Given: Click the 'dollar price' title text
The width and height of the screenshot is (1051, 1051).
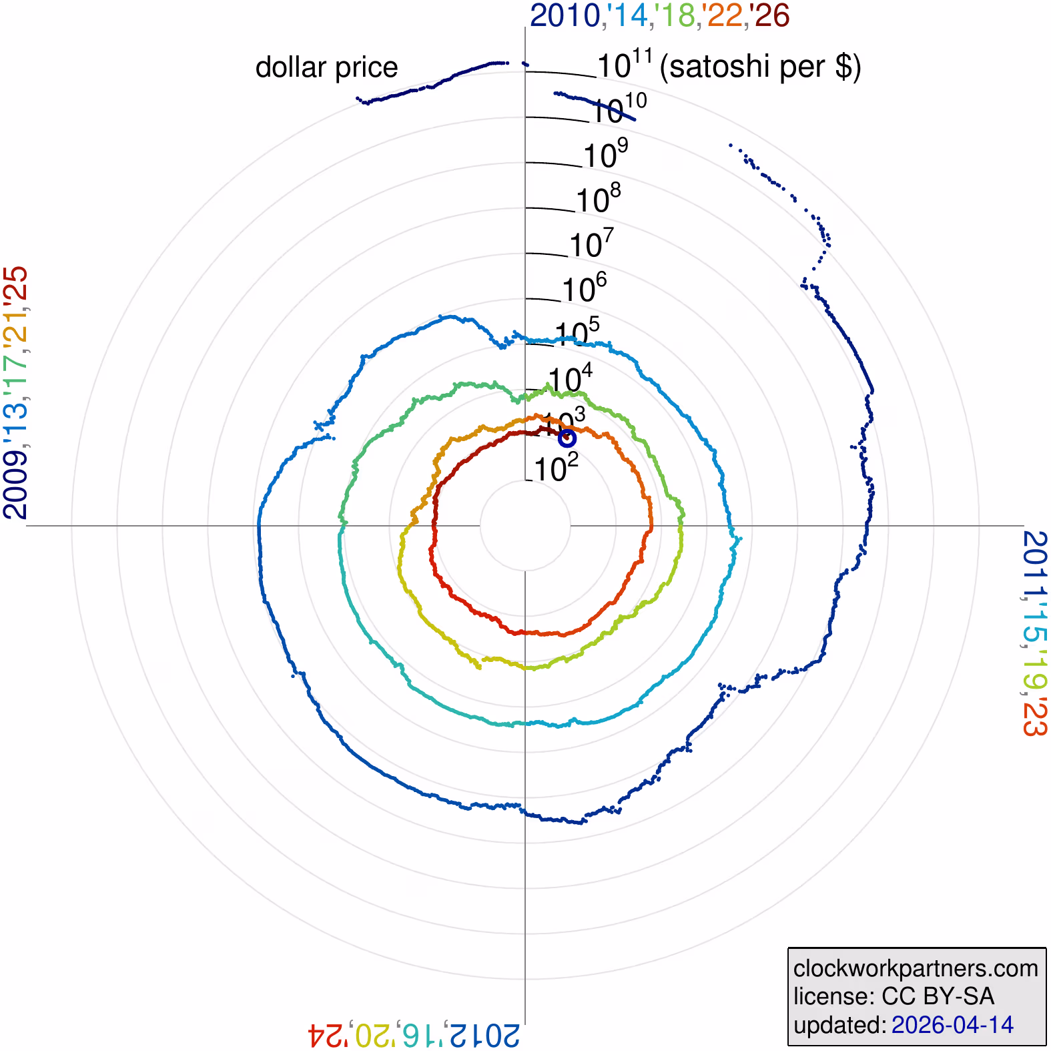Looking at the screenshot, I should click(326, 68).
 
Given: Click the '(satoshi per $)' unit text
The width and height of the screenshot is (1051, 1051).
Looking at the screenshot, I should click(760, 67).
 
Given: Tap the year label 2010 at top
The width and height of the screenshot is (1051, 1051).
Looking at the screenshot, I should click(565, 16).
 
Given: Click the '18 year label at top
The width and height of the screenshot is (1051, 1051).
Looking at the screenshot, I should click(675, 16).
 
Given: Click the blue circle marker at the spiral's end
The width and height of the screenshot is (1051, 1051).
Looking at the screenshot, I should click(567, 438).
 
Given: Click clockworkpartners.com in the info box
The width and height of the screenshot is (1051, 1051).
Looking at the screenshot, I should click(916, 968).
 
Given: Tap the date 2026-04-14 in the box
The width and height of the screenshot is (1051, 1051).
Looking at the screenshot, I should click(952, 1025).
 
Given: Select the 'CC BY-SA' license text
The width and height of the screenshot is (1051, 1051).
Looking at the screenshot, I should click(938, 996).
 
